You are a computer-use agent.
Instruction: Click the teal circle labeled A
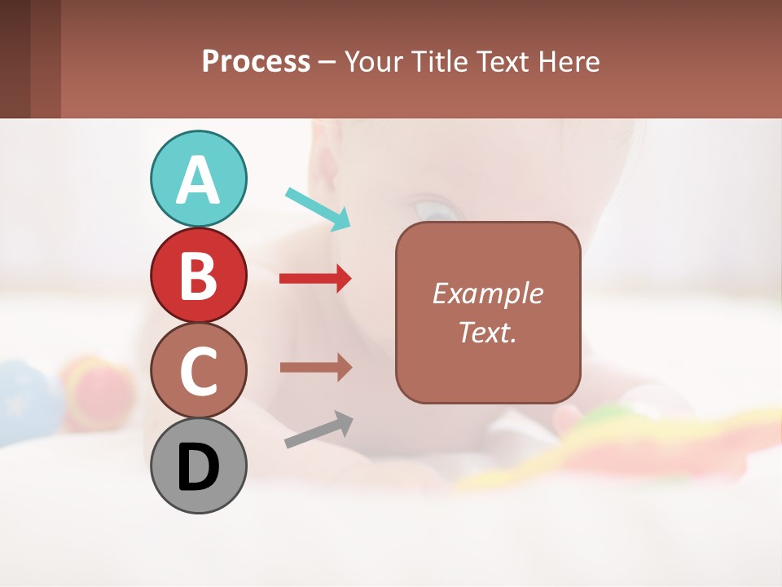pos(198,179)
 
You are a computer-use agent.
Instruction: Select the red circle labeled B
pos(198,276)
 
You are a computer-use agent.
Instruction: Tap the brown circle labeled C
pos(198,371)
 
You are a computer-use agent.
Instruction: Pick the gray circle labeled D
pos(198,466)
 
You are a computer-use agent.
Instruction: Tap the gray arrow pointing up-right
pos(319,430)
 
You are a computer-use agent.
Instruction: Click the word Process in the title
pos(256,61)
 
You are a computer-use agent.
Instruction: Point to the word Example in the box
pos(487,293)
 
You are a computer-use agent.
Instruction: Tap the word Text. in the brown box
pos(487,332)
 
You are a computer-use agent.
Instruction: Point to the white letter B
pos(198,276)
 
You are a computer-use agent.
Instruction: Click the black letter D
pos(198,466)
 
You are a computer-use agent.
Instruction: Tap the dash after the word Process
pos(327,63)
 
